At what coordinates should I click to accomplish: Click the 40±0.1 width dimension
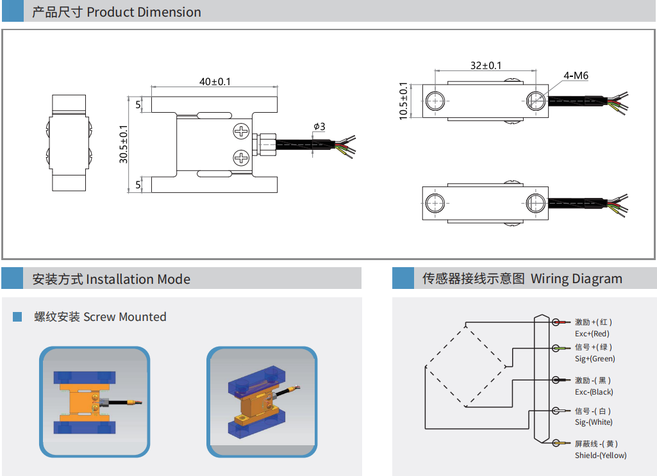214,81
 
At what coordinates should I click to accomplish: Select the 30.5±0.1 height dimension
124,144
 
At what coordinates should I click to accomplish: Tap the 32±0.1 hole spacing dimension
486,65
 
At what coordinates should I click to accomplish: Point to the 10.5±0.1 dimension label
403,101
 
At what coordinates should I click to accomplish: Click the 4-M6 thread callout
576,76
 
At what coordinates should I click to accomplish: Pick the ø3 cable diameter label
319,126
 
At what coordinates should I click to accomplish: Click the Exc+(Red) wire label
592,333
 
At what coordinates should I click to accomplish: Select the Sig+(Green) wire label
594,359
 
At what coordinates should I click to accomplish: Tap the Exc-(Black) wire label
594,391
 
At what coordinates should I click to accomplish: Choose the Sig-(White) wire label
593,422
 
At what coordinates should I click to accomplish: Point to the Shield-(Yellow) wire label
600,455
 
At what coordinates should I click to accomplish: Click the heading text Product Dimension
144,12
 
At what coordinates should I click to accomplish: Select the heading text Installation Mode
138,279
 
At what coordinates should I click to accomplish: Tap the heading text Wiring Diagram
576,279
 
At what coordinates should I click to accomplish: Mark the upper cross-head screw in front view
242,131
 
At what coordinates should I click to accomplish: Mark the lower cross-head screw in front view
242,157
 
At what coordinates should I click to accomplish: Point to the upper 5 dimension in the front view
138,104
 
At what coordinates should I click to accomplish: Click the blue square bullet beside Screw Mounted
17,316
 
